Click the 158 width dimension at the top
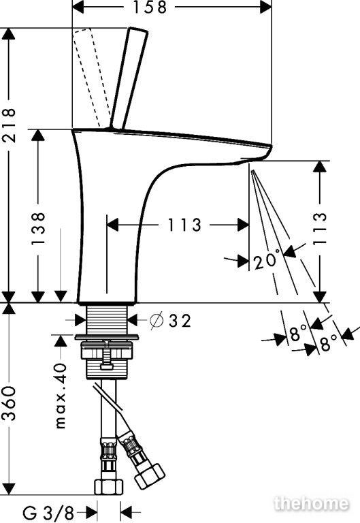[x=149, y=7]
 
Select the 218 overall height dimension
[x=8, y=125]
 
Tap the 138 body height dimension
[x=38, y=229]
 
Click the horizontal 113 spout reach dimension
[x=184, y=225]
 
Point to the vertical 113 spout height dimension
[x=320, y=229]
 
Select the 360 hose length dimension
[x=8, y=404]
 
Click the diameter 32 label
[x=171, y=321]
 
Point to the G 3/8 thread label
[x=48, y=511]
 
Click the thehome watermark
[x=311, y=504]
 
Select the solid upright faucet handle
[x=129, y=79]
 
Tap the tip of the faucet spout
[x=270, y=147]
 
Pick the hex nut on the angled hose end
[x=150, y=474]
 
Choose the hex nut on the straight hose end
[x=108, y=487]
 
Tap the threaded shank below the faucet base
[x=107, y=319]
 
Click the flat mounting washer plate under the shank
[x=108, y=337]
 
